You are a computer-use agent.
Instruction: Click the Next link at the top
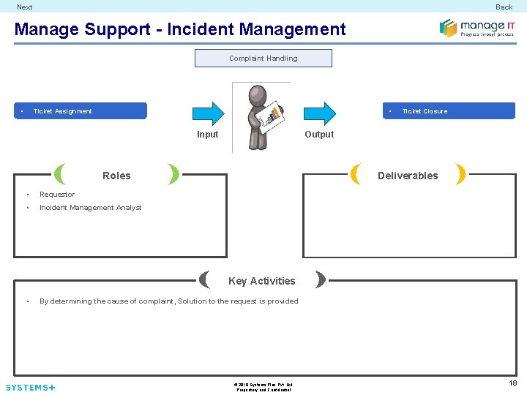click(25, 7)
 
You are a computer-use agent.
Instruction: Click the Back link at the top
click(504, 7)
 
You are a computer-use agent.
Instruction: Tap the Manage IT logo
click(476, 28)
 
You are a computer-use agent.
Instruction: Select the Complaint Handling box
click(263, 59)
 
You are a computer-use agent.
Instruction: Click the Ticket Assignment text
click(63, 111)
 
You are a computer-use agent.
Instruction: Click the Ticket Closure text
click(425, 111)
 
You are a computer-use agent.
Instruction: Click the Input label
click(208, 135)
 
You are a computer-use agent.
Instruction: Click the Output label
click(319, 135)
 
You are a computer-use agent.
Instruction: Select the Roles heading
click(116, 176)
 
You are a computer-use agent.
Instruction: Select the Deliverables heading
click(408, 176)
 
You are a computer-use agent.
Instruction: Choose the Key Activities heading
click(262, 281)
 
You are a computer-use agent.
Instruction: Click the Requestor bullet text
click(57, 195)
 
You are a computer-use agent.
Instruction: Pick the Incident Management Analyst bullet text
click(91, 208)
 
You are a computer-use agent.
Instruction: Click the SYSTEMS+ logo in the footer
click(30, 387)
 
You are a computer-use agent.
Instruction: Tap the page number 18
click(512, 383)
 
